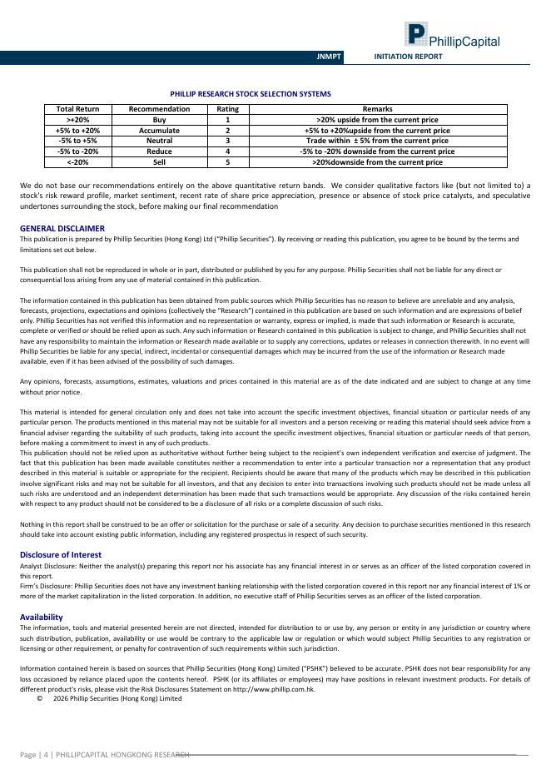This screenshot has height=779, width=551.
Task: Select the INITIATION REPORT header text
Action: [x=408, y=57]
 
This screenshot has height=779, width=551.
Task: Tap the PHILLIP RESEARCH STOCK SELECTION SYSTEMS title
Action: [x=251, y=94]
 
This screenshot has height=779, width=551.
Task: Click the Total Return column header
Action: [x=77, y=109]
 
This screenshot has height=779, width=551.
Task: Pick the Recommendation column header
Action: [x=159, y=109]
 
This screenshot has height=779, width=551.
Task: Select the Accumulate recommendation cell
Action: [x=159, y=131]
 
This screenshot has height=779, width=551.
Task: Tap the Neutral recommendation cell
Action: [x=159, y=141]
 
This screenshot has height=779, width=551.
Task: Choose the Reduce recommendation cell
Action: [x=159, y=151]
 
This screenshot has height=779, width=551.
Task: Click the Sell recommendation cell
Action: [x=159, y=162]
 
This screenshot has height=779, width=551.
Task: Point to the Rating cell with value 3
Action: [x=227, y=141]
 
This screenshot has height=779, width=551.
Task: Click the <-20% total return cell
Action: [x=77, y=162]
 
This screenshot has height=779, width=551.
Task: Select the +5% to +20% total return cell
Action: [x=77, y=131]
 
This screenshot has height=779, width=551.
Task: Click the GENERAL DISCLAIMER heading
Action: [x=62, y=228]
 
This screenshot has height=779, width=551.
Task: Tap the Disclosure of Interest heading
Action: [x=61, y=554]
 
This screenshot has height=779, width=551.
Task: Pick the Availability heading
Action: [x=41, y=617]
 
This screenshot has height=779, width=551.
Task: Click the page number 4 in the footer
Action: [x=45, y=755]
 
